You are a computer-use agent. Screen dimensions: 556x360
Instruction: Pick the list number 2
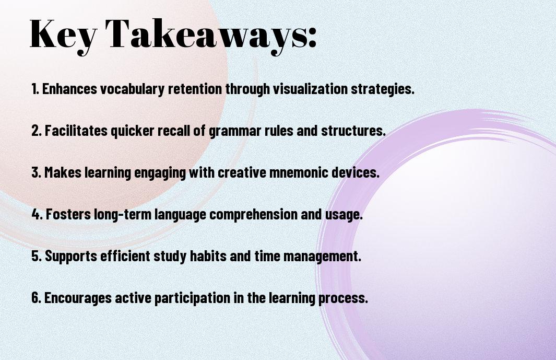pyautogui.click(x=37, y=131)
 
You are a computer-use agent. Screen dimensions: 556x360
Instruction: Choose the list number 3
pyautogui.click(x=37, y=172)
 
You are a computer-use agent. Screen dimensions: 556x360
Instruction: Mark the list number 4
pyautogui.click(x=37, y=214)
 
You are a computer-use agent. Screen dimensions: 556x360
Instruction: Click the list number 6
pyautogui.click(x=37, y=298)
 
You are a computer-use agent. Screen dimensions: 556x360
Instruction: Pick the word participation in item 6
pyautogui.click(x=192, y=298)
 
